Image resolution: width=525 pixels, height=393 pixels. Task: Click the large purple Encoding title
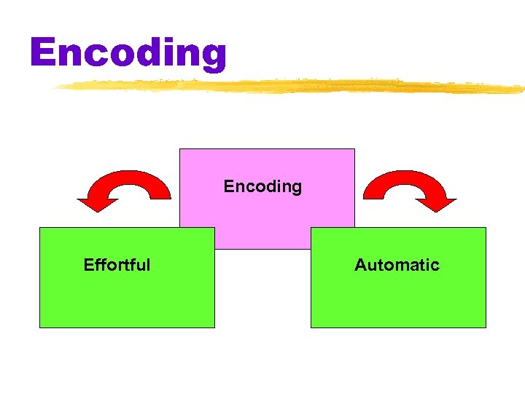pyautogui.click(x=128, y=52)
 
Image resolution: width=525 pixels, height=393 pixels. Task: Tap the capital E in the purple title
pyautogui.click(x=44, y=52)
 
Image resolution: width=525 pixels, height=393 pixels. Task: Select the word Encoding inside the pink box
pyautogui.click(x=262, y=186)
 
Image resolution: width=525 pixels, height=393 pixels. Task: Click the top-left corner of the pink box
pyautogui.click(x=180, y=149)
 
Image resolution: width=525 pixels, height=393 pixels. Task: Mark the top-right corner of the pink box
pyautogui.click(x=354, y=149)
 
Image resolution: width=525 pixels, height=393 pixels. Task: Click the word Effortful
pyautogui.click(x=117, y=265)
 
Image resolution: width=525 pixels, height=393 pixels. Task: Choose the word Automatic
pyautogui.click(x=397, y=265)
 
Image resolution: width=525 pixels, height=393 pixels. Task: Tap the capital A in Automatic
pyautogui.click(x=360, y=265)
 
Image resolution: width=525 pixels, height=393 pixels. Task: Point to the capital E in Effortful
pyautogui.click(x=89, y=265)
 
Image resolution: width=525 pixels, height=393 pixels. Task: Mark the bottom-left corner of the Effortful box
pyautogui.click(x=39, y=327)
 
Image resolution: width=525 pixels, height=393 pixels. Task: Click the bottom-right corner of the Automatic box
pyautogui.click(x=486, y=327)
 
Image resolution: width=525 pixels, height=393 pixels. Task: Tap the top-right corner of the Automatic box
pyautogui.click(x=486, y=228)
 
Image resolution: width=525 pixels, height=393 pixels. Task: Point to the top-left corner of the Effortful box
pyautogui.click(x=39, y=228)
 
